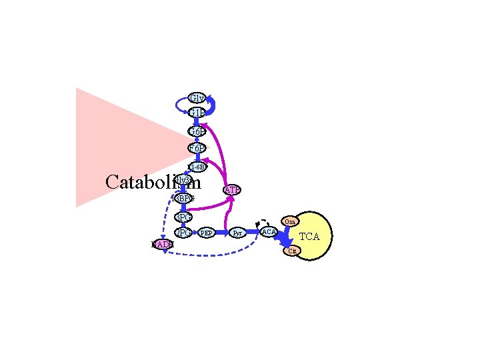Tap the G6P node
tap(196, 131)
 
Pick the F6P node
tap(196, 148)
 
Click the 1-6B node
tap(197, 167)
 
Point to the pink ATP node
tap(232, 191)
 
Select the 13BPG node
tap(183, 199)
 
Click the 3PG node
tap(183, 217)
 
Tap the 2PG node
tap(183, 233)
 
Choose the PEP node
tap(207, 233)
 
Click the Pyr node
tap(237, 233)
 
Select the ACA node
tap(269, 231)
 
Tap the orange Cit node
tap(292, 251)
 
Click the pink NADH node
tap(162, 245)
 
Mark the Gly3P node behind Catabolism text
tap(184, 179)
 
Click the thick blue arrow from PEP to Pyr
tap(221, 233)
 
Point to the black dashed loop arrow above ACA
tap(262, 221)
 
